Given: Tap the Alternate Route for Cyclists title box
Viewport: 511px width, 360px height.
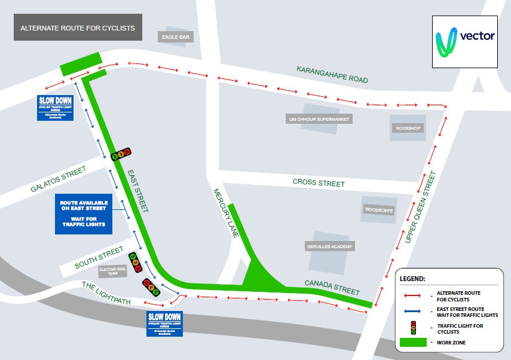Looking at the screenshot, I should click(78, 28).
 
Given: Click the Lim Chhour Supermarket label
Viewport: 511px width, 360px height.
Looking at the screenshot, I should click(319, 119).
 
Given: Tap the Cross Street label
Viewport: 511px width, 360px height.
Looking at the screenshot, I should click(319, 182).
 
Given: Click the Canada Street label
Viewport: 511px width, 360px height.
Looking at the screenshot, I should click(332, 287).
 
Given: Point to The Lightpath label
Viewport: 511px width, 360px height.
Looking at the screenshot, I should click(106, 293).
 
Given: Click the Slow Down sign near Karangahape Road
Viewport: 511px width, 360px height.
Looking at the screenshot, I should click(55, 108).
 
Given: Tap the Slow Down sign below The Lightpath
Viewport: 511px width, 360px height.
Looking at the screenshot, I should click(164, 323).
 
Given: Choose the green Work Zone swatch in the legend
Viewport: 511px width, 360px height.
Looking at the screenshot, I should click(413, 342).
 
